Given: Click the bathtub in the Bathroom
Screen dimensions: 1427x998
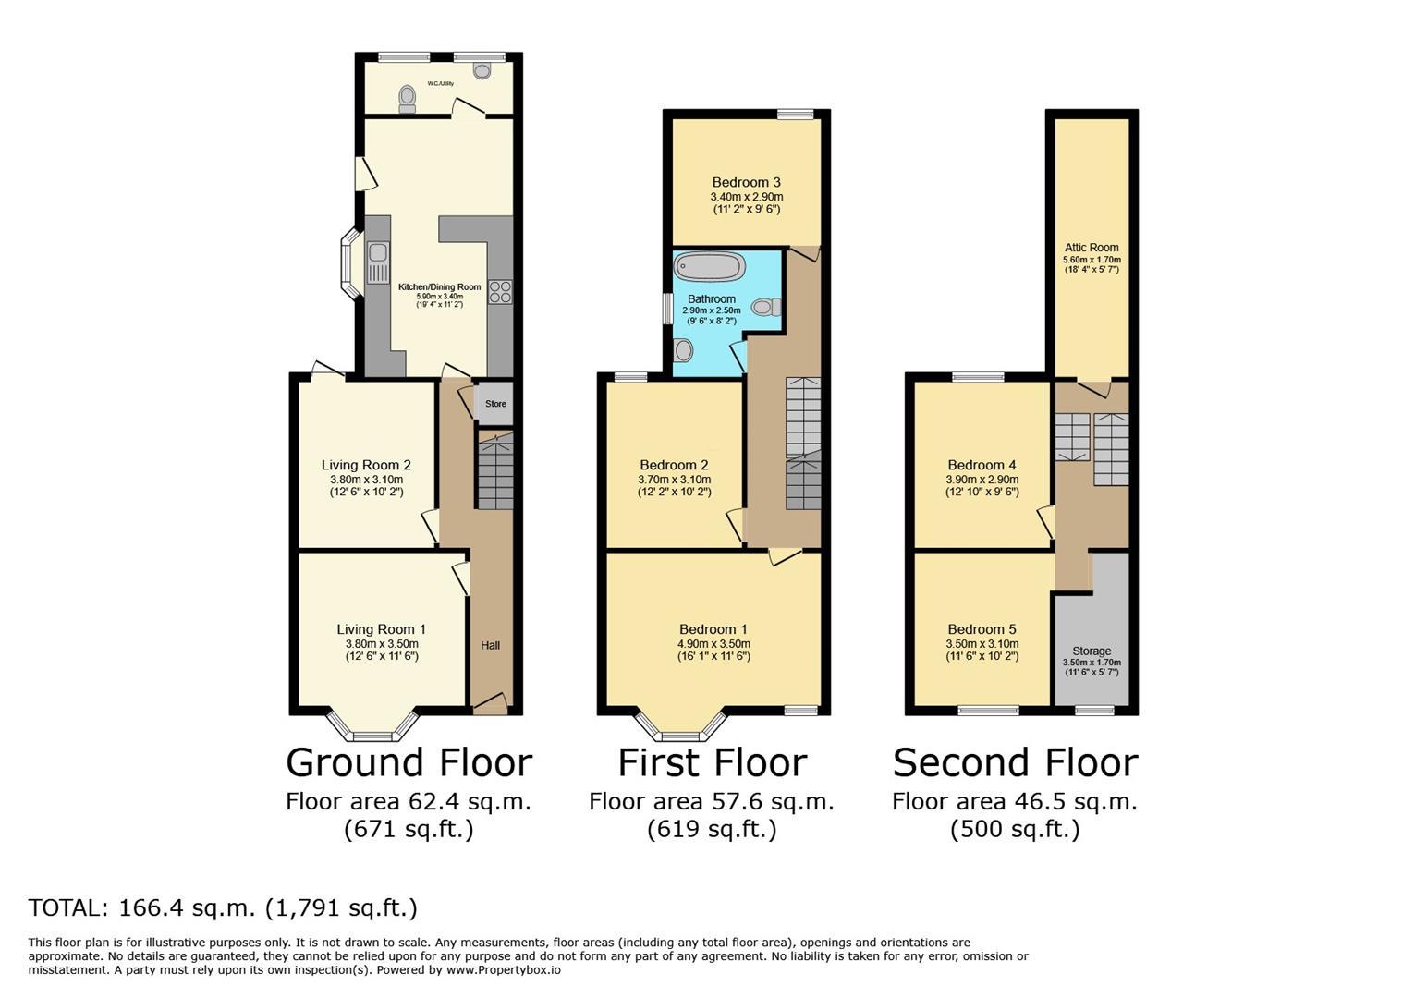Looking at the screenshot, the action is coord(709,266).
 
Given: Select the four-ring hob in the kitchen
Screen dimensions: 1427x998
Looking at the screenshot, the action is coord(500,292).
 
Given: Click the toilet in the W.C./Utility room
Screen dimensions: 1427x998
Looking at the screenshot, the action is coord(407,100).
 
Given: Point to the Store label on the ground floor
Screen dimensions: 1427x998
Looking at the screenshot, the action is coord(495,404).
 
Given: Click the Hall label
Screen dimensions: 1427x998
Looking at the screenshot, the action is coord(490,645).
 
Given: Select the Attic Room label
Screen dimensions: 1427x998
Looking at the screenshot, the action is coord(1092,247).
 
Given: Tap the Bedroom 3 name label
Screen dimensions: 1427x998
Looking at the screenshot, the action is coord(746,183).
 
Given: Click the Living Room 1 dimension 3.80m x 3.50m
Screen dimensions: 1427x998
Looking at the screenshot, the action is coord(382,643).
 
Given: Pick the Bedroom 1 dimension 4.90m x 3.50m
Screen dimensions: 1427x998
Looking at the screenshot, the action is coord(713,643).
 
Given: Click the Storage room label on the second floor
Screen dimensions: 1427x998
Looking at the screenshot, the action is coord(1092,651).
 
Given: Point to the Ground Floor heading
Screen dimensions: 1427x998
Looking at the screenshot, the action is coord(409,762).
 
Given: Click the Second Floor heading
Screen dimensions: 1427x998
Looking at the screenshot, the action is coord(1016,762).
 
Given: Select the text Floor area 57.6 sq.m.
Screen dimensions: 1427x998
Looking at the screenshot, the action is coord(712,801).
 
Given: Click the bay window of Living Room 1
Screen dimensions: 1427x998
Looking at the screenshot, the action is coord(372,727).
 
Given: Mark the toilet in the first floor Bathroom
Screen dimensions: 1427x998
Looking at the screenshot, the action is coord(766,308).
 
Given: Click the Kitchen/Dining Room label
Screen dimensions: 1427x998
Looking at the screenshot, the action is coord(440,287).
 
